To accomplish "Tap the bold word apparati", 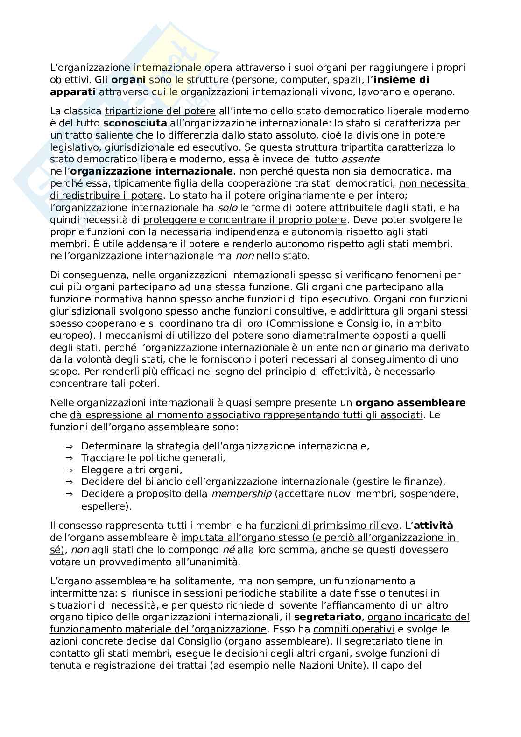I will (73, 92).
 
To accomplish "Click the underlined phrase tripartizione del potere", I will (160, 112).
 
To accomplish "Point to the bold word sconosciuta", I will (135, 124).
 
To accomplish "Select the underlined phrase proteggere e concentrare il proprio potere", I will (245, 220).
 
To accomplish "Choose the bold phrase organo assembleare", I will (410, 403).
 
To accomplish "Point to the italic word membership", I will (241, 494).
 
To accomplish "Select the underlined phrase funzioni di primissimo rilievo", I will (329, 526).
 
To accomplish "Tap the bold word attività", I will (433, 526).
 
